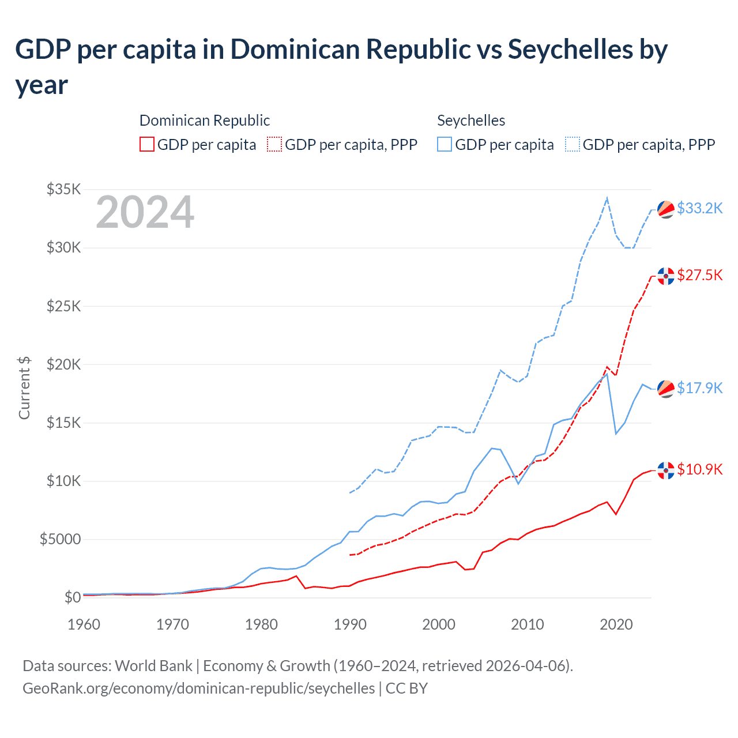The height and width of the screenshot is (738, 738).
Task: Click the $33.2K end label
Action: (x=699, y=208)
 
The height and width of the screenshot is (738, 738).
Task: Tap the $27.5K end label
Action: (x=699, y=275)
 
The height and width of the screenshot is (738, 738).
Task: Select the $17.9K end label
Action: (x=699, y=388)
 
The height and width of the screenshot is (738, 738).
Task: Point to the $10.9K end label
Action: (x=699, y=469)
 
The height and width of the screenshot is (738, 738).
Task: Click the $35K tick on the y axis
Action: (x=63, y=189)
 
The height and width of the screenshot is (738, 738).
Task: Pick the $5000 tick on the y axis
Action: (x=60, y=539)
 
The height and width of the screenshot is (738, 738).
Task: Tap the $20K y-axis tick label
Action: (x=63, y=364)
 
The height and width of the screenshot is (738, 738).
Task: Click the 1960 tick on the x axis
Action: (x=84, y=624)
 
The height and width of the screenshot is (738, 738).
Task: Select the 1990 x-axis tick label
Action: (x=350, y=624)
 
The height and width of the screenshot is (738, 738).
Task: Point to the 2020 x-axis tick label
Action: (x=616, y=624)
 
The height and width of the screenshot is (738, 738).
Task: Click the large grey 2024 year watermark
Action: (x=145, y=213)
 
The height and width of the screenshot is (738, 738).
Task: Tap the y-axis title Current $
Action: (x=24, y=387)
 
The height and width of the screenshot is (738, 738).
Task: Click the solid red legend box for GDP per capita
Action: (x=147, y=144)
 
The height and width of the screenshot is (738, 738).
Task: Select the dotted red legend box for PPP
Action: (x=274, y=144)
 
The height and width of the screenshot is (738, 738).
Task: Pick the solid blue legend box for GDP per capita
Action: (x=445, y=144)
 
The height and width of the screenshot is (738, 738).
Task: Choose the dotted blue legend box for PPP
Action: (x=573, y=144)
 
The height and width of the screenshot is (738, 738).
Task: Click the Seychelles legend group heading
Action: (x=471, y=121)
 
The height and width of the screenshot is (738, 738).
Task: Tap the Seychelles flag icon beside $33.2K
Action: (x=666, y=209)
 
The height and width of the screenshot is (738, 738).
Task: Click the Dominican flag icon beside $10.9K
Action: (x=666, y=470)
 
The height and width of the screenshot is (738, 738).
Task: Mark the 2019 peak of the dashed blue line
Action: (x=607, y=198)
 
